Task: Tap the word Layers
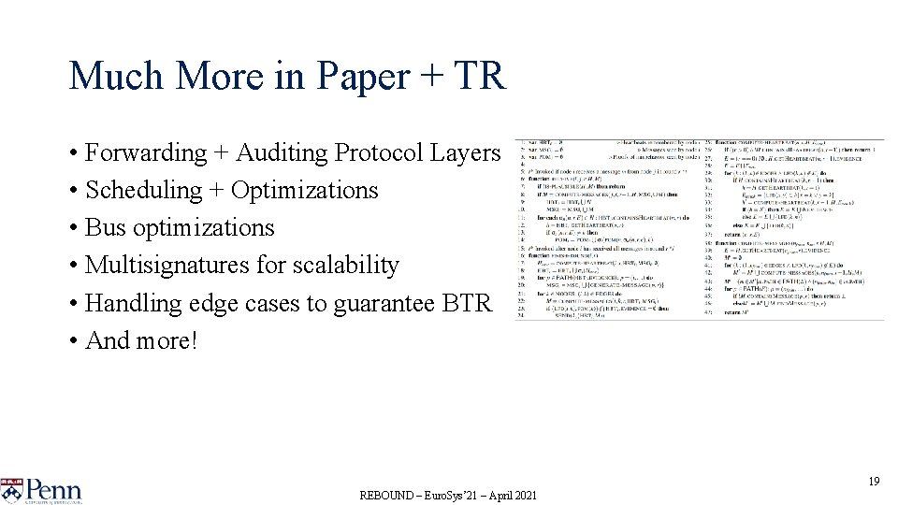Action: click(469, 152)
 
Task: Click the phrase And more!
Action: click(141, 340)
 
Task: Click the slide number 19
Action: click(874, 481)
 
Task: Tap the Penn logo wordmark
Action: click(53, 490)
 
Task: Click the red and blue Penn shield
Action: click(10, 490)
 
